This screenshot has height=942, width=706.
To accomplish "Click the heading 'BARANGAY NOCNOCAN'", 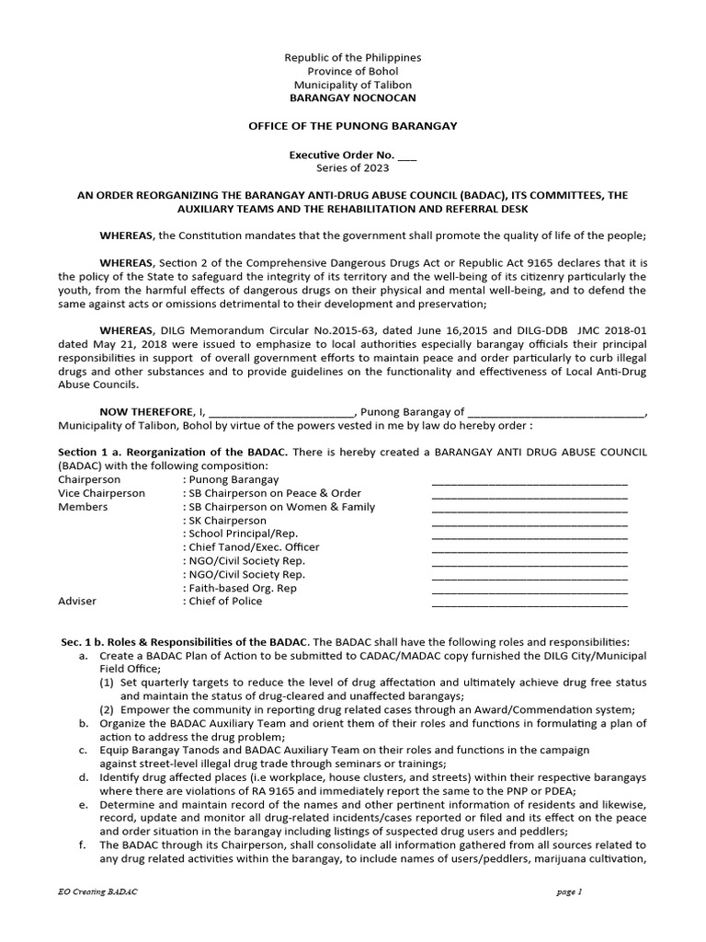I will pos(353,98).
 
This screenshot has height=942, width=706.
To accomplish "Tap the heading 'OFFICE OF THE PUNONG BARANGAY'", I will pos(353,125).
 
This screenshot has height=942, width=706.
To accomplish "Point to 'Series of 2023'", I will pos(353,168).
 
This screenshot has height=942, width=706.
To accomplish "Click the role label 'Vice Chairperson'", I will pos(101,493).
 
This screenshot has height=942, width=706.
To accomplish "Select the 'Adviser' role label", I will pos(77,601).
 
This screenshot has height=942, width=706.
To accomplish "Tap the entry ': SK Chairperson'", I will pos(225,520).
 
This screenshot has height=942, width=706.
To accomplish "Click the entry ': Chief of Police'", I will pos(223,601).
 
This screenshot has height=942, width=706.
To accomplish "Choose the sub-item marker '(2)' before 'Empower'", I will pos(107,709).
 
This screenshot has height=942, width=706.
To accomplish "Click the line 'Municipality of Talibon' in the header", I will pos(353,85).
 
